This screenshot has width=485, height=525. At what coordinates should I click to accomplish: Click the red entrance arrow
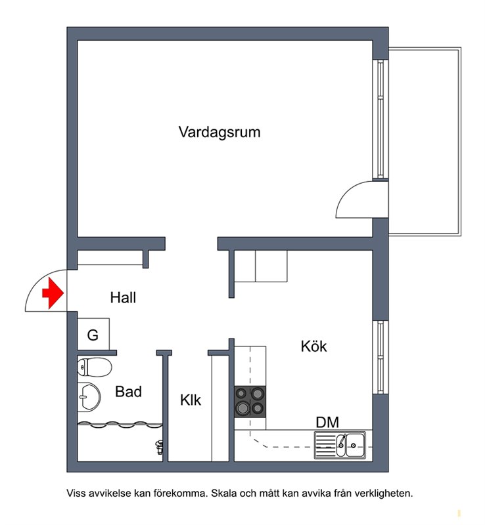pos(53,293)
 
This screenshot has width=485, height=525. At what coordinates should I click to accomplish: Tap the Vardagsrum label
pos(219,132)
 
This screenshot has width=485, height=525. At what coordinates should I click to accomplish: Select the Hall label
pos(123,297)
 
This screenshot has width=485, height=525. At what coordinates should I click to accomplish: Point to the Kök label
pos(313,346)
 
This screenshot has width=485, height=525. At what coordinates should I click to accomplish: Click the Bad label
pos(128,391)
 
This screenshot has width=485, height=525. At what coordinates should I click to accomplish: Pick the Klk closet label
pos(191,400)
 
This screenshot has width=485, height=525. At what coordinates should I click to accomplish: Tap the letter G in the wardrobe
pos(93,335)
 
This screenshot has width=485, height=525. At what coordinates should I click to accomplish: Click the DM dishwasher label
pos(327,422)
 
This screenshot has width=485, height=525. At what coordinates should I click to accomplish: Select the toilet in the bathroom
pos(94,367)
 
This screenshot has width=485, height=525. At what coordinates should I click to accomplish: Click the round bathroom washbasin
pos(89,397)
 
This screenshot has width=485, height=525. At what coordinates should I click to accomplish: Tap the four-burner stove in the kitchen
pos(250,402)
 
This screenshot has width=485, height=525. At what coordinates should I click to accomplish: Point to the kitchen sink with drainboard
pos(340,445)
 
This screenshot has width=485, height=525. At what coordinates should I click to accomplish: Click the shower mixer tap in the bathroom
pos(159,447)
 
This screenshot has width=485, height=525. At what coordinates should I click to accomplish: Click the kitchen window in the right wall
pos(381,357)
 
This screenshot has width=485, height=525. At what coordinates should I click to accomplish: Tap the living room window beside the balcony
pos(381,119)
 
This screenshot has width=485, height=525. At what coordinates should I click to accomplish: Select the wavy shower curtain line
pos(120,425)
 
